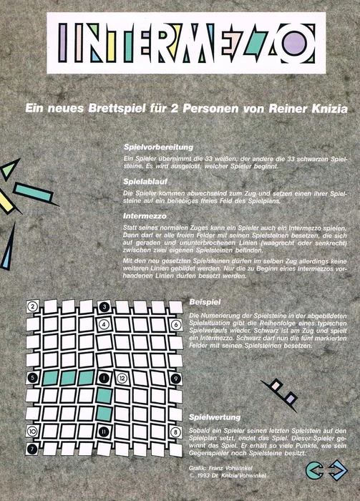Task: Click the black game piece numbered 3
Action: [x=104, y=307]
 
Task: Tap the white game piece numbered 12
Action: [x=122, y=378]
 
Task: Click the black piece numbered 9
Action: [x=176, y=378]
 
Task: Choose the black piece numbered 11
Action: [x=104, y=432]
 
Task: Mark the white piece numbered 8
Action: [x=176, y=432]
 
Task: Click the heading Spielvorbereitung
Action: [x=158, y=146]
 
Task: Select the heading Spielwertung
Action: [x=213, y=417]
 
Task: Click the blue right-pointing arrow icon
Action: [x=336, y=469]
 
